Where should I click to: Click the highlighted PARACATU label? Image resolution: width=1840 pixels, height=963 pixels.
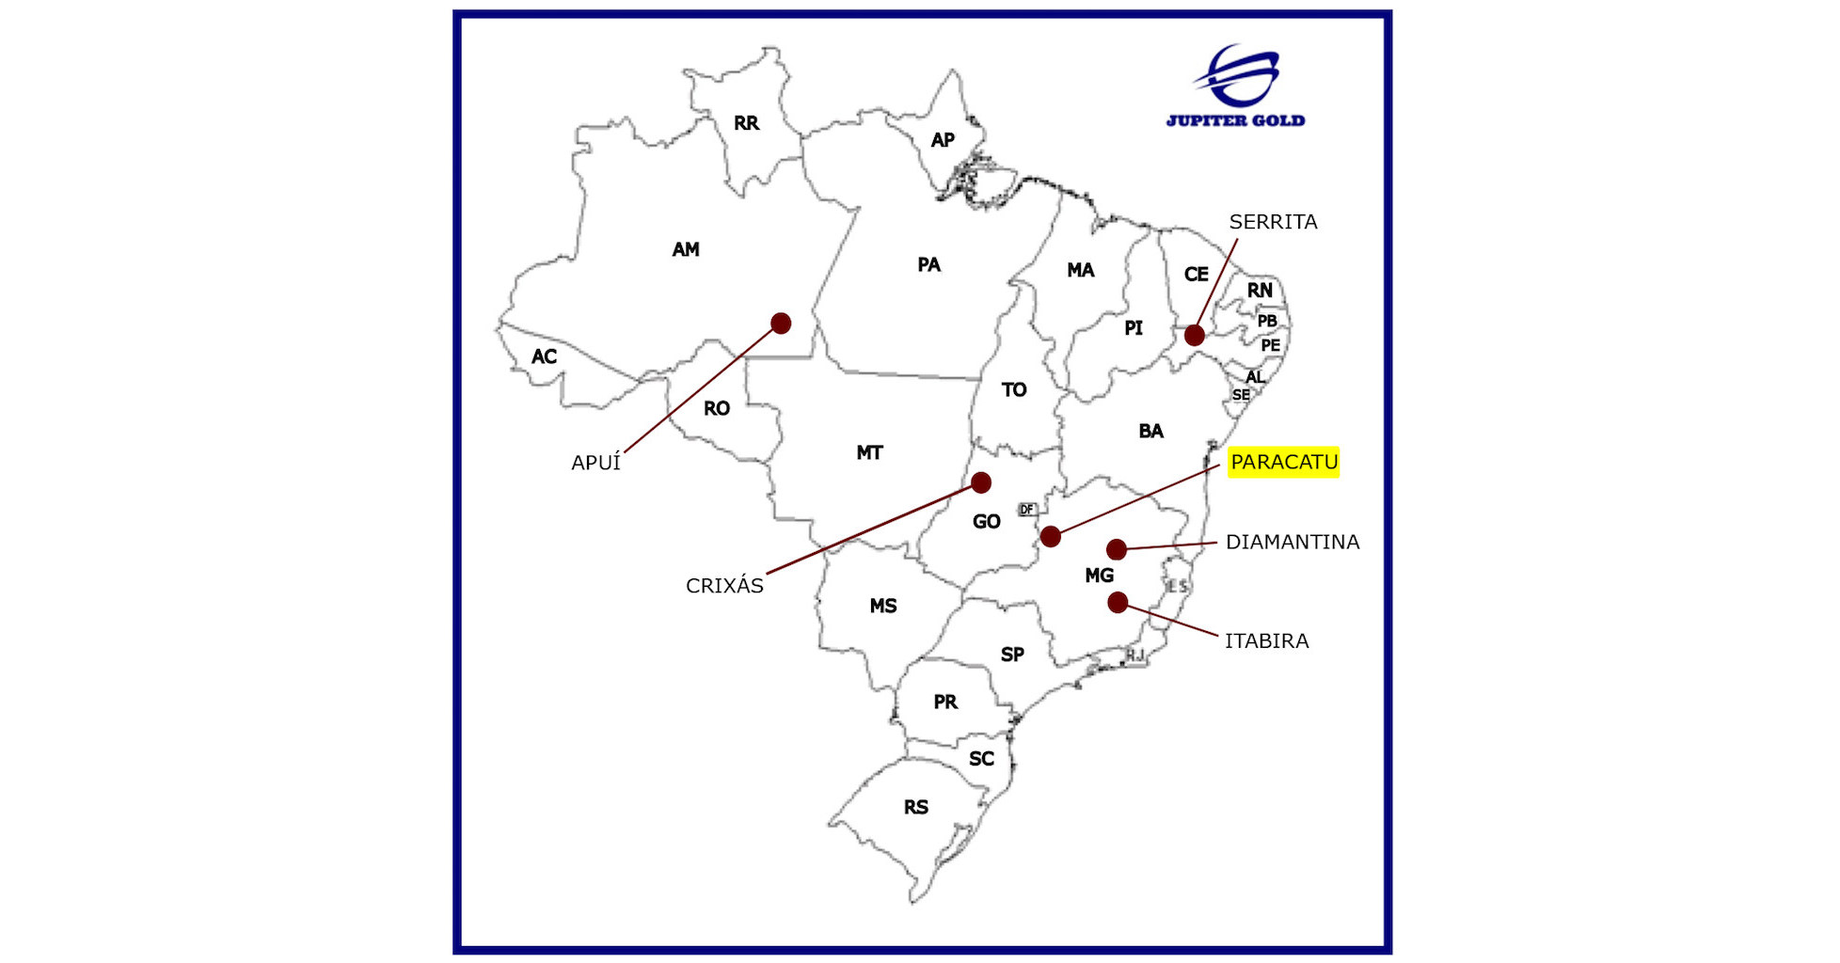(1283, 462)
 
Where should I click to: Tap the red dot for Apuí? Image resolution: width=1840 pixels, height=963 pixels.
(781, 324)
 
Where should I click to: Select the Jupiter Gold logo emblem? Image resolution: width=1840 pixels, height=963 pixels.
(1238, 74)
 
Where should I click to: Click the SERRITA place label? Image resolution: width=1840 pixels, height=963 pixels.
(1273, 222)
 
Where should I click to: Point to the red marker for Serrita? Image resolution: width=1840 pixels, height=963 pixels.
(1195, 335)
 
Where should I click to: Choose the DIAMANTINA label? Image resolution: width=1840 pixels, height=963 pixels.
(1292, 542)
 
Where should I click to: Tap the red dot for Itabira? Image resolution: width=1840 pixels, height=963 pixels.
(1118, 603)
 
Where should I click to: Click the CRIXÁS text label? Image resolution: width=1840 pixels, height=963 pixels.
(724, 586)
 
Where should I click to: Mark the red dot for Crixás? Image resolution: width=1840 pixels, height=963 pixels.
(981, 482)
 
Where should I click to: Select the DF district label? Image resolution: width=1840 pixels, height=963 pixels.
(1026, 510)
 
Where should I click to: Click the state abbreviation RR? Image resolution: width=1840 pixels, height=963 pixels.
(746, 123)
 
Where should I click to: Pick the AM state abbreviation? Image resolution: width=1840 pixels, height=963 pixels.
(686, 249)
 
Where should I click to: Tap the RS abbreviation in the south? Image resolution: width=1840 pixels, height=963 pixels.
(915, 807)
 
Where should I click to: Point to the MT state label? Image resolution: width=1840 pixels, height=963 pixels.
(869, 452)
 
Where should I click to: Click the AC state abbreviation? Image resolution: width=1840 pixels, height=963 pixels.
(544, 356)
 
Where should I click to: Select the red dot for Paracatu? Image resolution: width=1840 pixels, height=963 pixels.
(1051, 537)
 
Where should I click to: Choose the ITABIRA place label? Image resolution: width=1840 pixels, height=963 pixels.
(1266, 640)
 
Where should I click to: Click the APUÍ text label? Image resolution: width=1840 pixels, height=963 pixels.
(595, 463)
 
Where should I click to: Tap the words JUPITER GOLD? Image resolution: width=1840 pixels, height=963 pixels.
(1235, 120)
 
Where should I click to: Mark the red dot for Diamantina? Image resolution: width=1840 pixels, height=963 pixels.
(1117, 549)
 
